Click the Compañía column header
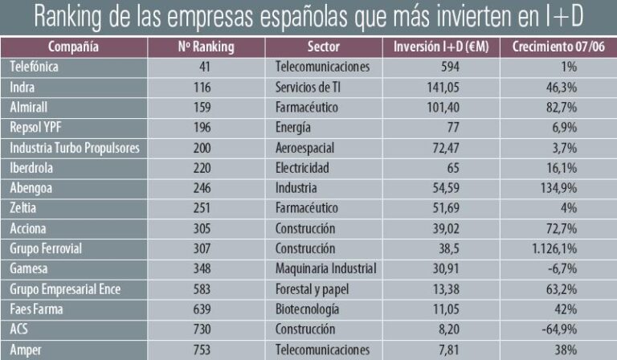point(73,47)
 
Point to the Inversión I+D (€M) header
point(443,47)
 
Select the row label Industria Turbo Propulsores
point(75,148)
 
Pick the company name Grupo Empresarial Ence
point(64,288)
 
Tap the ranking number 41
point(204,67)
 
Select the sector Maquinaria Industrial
point(326,268)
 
